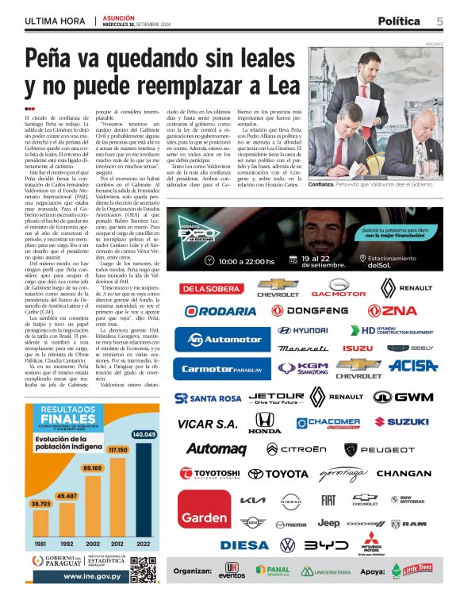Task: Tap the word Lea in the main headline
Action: (274, 83)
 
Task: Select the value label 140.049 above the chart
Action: (144, 435)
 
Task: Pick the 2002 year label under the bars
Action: (93, 543)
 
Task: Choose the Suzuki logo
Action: (401, 422)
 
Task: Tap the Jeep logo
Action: (328, 523)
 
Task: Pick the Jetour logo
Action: (276, 397)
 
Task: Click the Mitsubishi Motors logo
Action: (372, 544)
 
